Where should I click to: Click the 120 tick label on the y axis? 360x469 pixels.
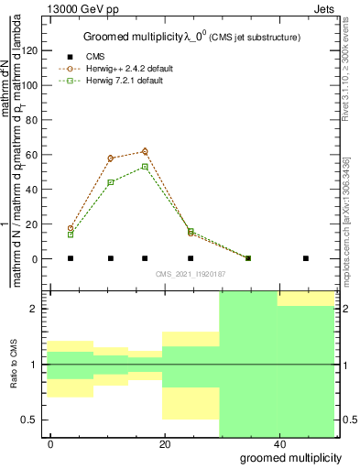click(x=32, y=50)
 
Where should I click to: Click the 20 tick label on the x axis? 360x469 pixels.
click(x=164, y=443)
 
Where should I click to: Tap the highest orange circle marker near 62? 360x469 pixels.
click(x=145, y=151)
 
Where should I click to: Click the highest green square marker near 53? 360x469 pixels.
click(x=145, y=167)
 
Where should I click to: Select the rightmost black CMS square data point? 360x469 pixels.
click(x=306, y=258)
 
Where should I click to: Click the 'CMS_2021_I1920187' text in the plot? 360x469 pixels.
click(x=190, y=274)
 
